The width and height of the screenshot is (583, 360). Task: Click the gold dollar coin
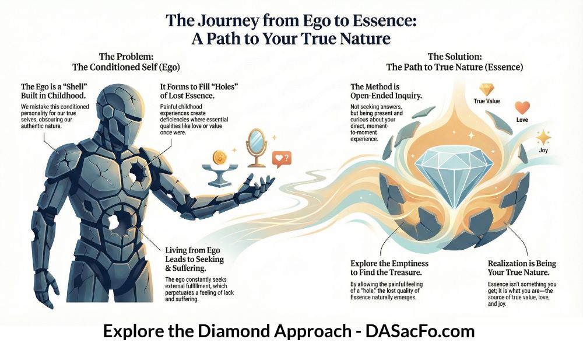point(220,157)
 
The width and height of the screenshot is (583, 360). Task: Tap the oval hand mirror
point(256,148)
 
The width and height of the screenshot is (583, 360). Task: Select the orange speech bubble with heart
point(282,159)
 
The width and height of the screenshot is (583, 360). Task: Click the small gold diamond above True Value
point(486,90)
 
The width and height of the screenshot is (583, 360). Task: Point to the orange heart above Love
point(522,107)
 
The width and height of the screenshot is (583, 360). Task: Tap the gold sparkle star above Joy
point(543,137)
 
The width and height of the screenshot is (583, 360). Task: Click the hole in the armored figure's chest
point(138,172)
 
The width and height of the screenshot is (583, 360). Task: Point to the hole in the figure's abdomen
point(120,221)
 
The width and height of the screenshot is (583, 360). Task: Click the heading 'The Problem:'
point(126,57)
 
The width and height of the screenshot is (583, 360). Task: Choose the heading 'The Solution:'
point(455,57)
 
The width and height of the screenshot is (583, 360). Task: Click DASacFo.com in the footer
point(420,331)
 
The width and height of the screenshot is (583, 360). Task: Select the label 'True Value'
point(487,101)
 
